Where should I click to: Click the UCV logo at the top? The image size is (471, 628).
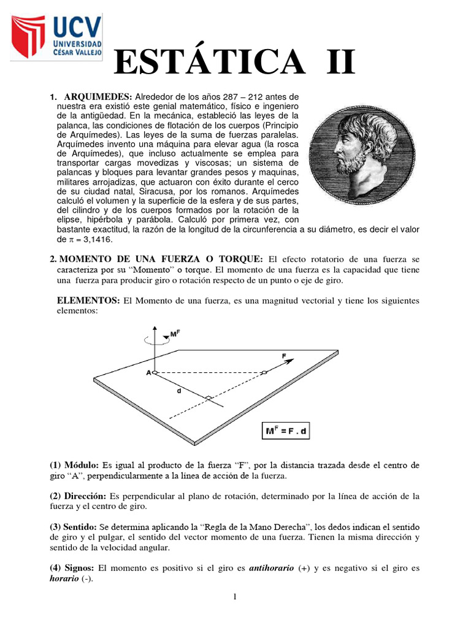[x=55, y=38]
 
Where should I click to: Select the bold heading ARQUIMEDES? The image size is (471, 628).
[x=98, y=97]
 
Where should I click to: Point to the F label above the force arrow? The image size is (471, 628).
[x=283, y=355]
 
